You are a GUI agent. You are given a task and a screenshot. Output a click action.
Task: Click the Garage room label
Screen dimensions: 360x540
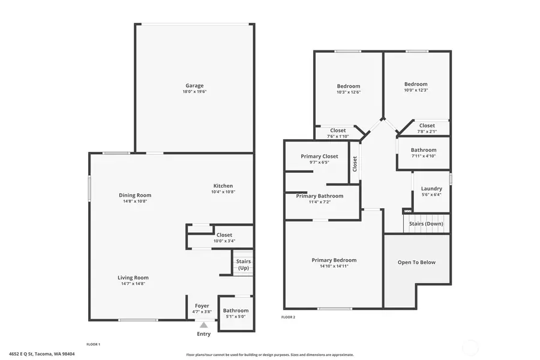click(194, 86)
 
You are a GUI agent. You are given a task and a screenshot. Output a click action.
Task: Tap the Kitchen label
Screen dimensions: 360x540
click(223, 186)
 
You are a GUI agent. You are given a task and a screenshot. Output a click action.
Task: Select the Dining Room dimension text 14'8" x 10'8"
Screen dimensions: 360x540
click(134, 202)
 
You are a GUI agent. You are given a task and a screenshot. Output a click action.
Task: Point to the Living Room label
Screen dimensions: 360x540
click(133, 278)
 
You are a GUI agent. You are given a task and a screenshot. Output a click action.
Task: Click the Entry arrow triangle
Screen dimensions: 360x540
click(203, 325)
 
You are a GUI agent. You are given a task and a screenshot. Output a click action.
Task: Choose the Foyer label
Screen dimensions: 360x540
click(201, 305)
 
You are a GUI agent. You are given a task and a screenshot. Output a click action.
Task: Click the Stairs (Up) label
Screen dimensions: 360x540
click(243, 265)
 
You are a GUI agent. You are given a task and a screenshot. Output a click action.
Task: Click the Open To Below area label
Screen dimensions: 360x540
click(416, 262)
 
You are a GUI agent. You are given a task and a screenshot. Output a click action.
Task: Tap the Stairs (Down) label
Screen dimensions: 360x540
click(426, 224)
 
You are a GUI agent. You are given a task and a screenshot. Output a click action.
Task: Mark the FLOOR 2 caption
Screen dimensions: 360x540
click(289, 317)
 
